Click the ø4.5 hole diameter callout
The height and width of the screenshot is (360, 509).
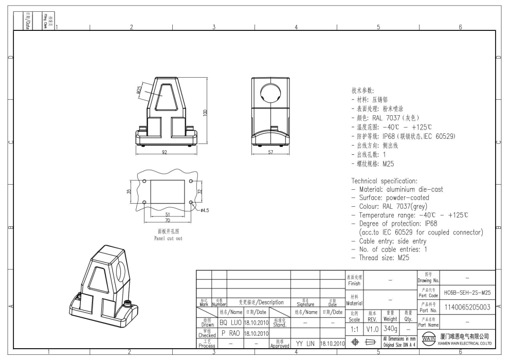(204, 210)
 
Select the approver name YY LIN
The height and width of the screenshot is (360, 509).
(305, 343)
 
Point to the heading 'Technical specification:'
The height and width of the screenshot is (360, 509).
(384, 181)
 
